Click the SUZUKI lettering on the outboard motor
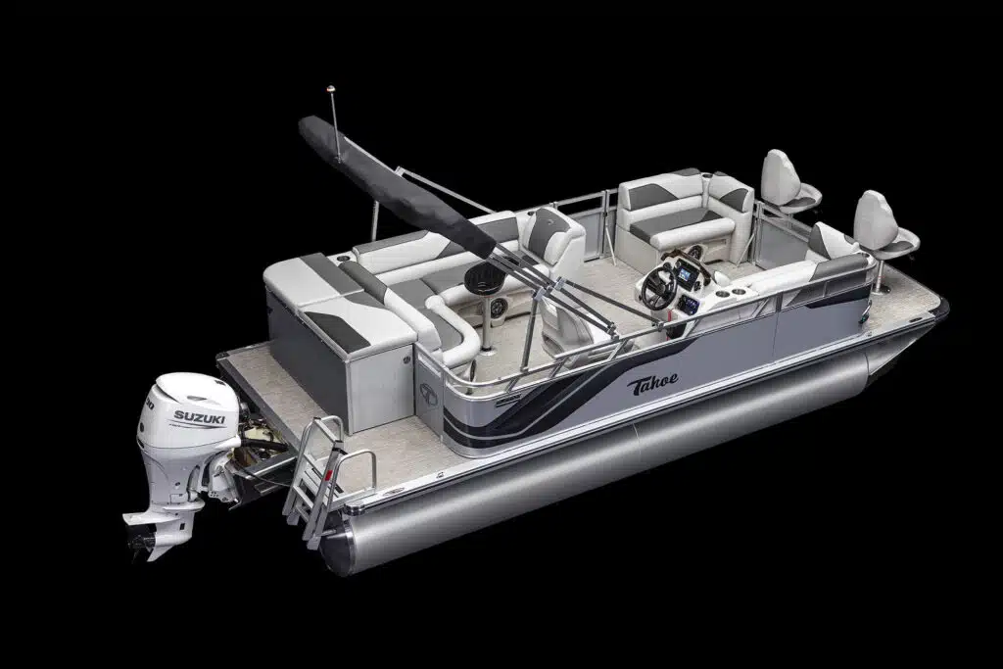(x=199, y=418)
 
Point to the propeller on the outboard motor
(x=141, y=541)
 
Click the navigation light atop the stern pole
(x=331, y=88)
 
